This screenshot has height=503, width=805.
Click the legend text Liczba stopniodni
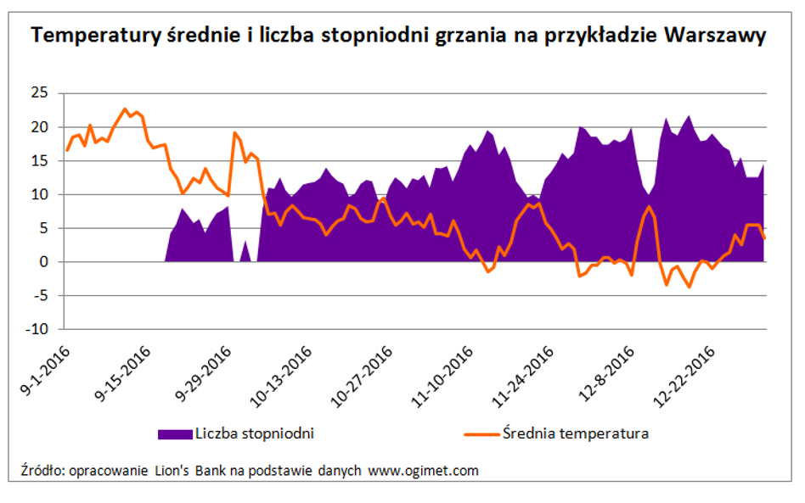255,433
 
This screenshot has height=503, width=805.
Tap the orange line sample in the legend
483,433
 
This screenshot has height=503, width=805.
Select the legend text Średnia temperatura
577,433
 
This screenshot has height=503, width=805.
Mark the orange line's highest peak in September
125,109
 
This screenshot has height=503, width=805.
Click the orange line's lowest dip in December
689,287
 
